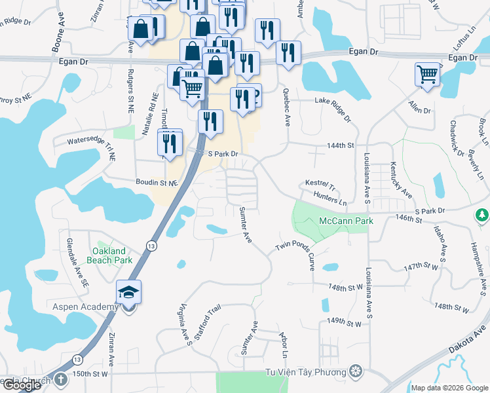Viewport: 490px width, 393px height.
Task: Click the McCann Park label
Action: point(346,221)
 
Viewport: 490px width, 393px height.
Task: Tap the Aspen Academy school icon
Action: point(128,291)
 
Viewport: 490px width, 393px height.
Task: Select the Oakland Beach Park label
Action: point(112,255)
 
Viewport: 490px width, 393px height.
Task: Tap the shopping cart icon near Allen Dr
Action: point(427,74)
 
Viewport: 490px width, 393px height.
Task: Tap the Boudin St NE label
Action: point(156,184)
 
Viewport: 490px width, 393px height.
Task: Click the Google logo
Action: point(22,386)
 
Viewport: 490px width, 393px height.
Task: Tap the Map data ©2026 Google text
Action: point(449,388)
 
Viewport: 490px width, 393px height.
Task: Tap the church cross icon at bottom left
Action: point(60,379)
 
